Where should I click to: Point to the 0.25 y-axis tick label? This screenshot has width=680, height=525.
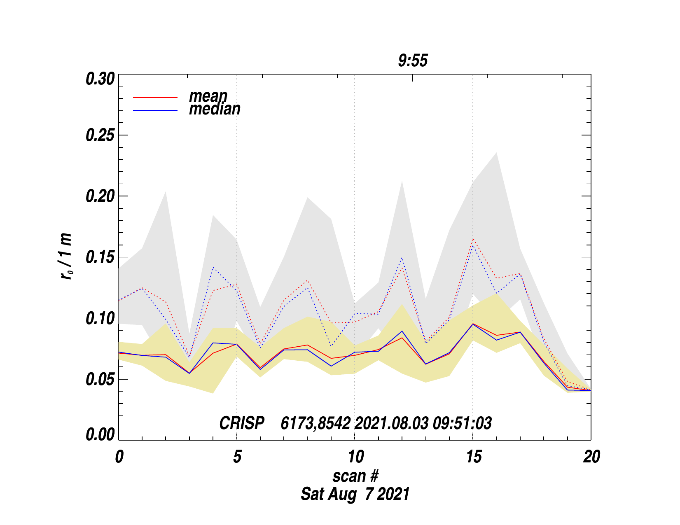point(100,135)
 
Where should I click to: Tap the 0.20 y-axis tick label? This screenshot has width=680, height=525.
point(100,196)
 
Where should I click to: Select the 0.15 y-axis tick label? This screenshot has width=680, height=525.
point(100,257)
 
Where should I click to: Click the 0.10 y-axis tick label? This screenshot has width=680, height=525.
point(100,318)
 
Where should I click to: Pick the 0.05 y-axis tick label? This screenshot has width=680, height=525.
point(100,379)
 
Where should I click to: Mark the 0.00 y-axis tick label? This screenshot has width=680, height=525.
point(100,435)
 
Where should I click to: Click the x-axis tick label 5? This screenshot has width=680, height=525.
point(237,457)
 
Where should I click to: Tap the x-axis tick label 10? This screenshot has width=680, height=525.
point(355,457)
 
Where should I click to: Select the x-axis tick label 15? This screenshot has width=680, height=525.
point(474,457)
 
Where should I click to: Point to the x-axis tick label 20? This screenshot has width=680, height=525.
point(591,457)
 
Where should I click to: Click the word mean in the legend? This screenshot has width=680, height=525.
point(208,96)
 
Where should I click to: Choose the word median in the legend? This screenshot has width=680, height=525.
point(215,109)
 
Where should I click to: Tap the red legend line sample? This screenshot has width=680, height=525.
point(155,98)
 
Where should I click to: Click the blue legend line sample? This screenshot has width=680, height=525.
point(155,110)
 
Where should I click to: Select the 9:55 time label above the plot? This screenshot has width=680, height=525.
point(413,61)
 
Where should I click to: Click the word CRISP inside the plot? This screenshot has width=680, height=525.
point(242,423)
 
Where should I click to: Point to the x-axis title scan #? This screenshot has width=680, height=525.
point(355,476)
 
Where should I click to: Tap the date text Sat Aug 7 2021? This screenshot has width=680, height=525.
point(355,494)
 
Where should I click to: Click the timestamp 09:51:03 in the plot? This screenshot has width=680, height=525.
point(462,423)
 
